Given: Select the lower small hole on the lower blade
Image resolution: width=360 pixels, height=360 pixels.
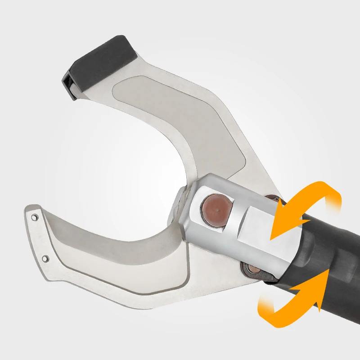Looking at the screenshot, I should click(x=45, y=258).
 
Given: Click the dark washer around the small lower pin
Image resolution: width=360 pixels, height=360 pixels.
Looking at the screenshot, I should click(x=245, y=270).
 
